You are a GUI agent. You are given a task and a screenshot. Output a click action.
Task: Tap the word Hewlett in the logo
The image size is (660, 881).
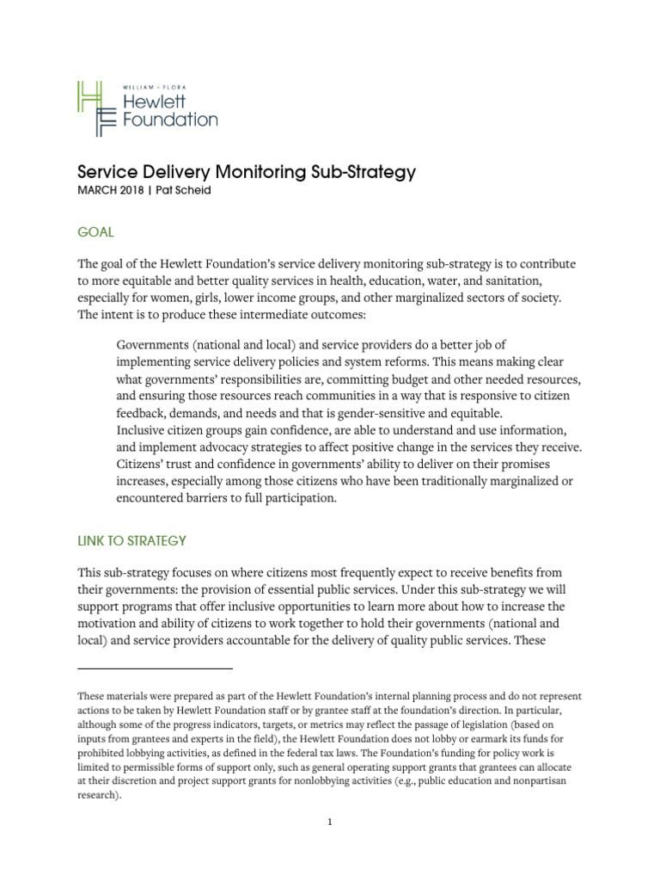156,102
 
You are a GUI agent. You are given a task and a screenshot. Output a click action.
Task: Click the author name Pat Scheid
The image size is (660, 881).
185,192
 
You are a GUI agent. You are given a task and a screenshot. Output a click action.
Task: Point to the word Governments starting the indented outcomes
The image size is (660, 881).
156,345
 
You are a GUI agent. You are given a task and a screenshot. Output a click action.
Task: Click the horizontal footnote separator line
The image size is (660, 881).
155,668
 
